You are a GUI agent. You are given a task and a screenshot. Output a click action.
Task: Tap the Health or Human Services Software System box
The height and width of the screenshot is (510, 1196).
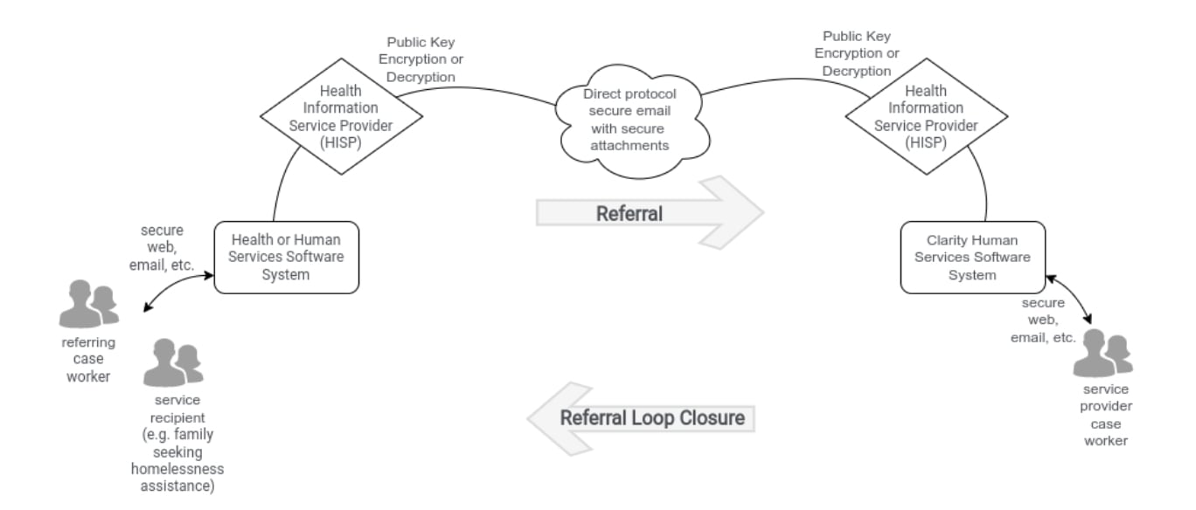coord(286,257)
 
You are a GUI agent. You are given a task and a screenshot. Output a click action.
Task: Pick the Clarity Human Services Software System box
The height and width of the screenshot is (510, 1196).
coord(972,257)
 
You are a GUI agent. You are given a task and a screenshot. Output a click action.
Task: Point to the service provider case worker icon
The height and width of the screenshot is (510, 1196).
coord(1102,353)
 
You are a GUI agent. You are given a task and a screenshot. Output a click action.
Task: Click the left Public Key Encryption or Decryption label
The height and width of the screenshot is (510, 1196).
coord(421,59)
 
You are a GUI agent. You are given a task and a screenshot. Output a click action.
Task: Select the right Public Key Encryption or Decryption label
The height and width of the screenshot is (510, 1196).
coord(857,53)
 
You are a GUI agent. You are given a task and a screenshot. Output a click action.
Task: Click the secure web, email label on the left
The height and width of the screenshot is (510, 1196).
coord(162,248)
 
